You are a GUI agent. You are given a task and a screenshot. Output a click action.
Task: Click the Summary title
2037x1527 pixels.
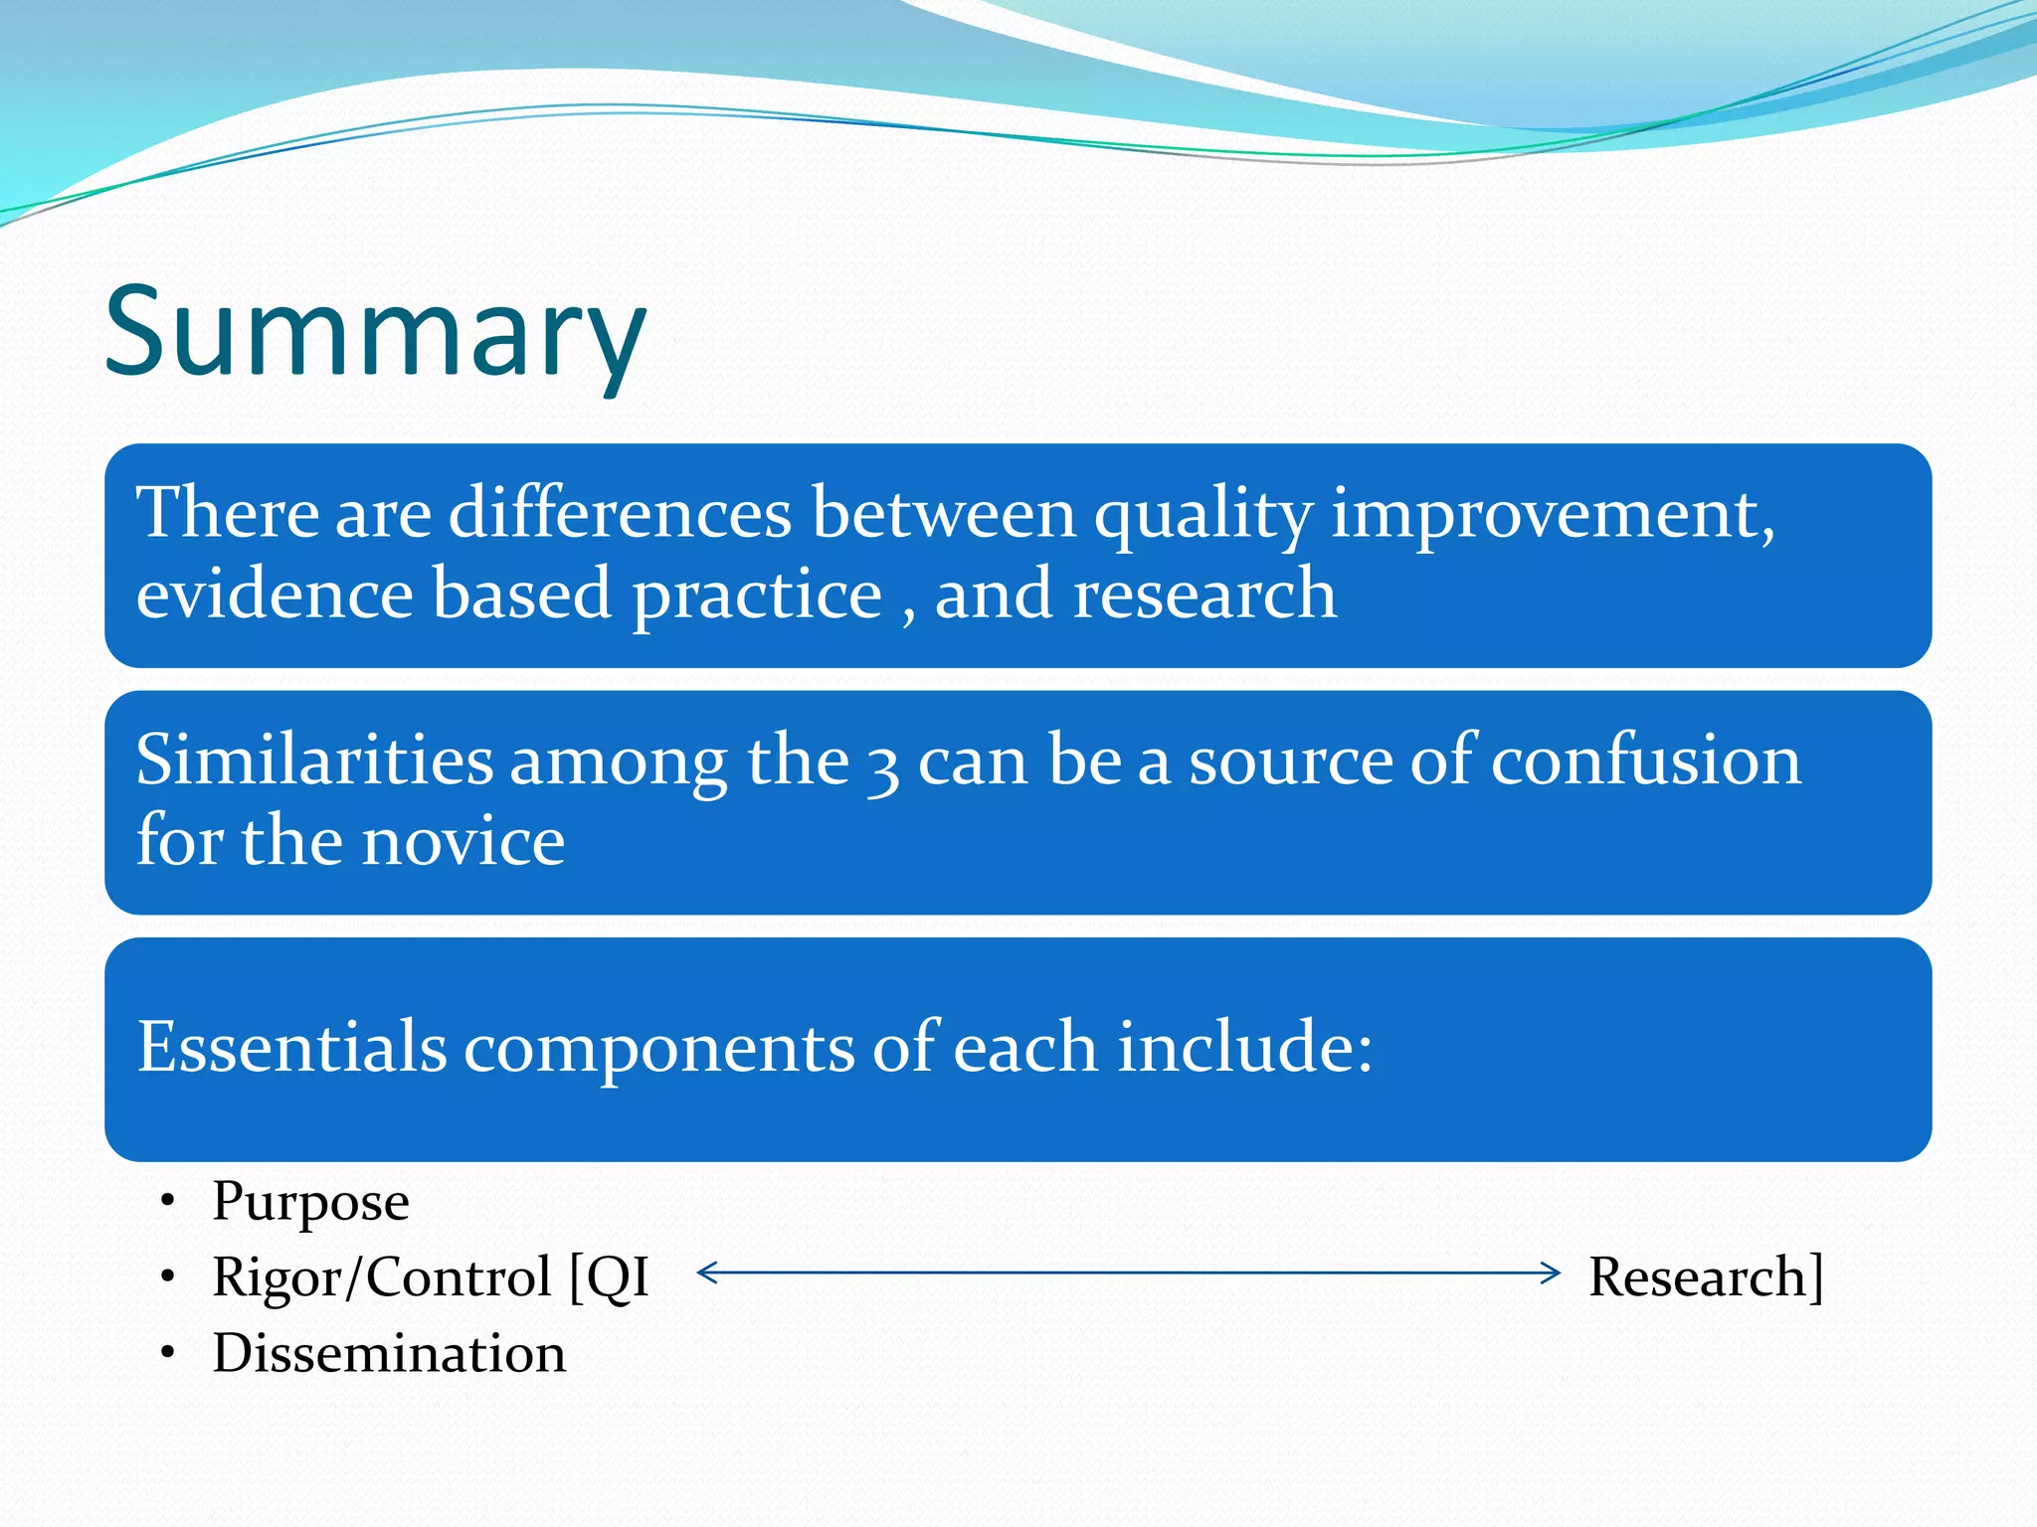375,333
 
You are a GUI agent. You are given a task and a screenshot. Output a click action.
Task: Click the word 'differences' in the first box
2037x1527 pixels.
621,514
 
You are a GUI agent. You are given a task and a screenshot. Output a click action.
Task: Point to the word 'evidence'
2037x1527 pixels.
275,594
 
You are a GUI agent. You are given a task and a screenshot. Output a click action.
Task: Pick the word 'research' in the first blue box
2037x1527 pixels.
1204,595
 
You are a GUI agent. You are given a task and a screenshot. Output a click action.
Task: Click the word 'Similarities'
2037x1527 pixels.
314,760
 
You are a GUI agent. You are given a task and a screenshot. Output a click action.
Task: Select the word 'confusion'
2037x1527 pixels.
1646,760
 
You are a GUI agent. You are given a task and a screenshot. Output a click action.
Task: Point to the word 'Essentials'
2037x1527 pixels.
291,1046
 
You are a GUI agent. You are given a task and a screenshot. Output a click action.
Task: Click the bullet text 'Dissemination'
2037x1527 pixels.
389,1353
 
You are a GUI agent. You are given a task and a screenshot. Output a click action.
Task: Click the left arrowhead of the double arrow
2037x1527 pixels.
707,1272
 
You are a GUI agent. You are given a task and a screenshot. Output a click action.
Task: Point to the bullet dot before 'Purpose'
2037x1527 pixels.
169,1200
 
